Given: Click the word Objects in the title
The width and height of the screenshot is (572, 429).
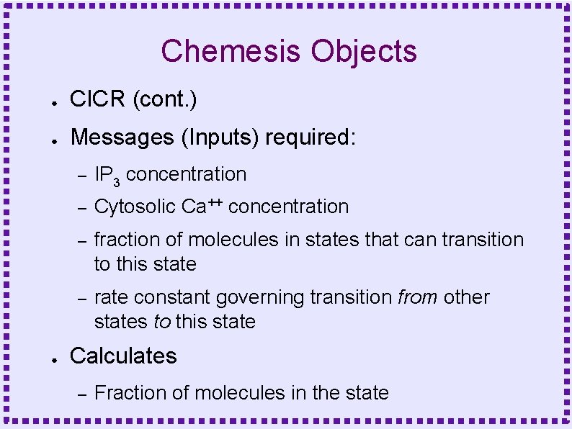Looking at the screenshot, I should point(364,52).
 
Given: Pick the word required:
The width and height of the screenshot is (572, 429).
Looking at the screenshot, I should point(310,137).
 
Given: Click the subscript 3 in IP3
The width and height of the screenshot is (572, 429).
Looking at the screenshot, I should point(116,180).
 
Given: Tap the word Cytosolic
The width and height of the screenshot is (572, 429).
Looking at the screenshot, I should point(135,207).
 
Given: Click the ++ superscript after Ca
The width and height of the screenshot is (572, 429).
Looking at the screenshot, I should point(215,202).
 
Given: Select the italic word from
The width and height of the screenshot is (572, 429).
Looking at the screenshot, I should point(418,297).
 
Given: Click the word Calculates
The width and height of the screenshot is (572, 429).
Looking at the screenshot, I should point(123,356).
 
